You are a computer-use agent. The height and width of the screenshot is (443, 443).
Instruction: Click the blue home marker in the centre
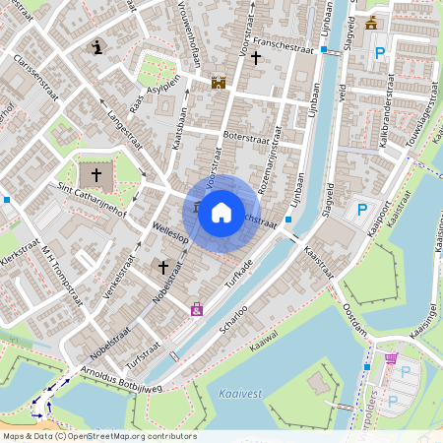tap(221, 213)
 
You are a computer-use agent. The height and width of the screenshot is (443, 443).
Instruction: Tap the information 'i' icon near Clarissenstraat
tap(96, 46)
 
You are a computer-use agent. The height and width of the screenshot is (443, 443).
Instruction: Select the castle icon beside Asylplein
tap(219, 84)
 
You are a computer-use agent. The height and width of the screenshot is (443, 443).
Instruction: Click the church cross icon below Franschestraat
tap(256, 59)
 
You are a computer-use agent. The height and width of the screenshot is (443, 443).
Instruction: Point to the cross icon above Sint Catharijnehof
tap(96, 175)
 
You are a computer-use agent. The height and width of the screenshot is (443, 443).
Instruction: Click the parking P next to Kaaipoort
tap(361, 210)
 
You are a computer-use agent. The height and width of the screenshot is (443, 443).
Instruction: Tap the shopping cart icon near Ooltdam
tap(392, 357)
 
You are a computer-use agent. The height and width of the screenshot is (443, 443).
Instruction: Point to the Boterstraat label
tap(244, 136)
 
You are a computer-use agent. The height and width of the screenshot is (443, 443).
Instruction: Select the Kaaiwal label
tap(265, 347)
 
